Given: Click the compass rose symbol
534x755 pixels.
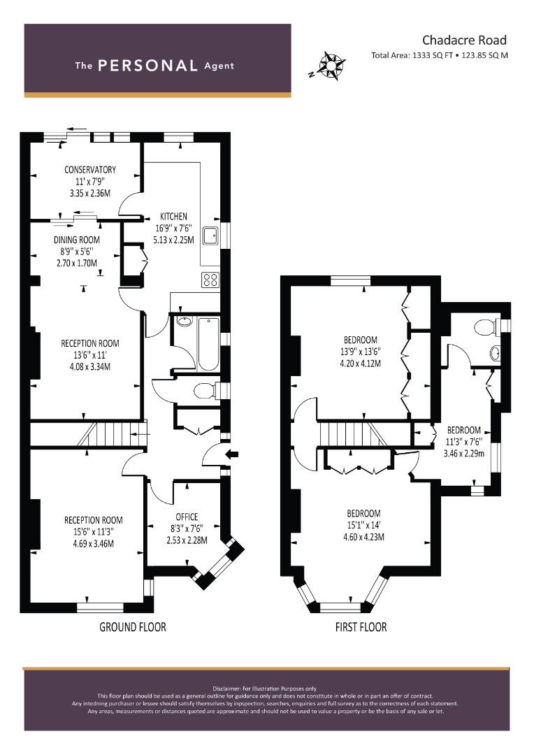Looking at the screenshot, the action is click(x=331, y=65).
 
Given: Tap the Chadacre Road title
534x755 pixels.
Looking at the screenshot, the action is click(x=464, y=40).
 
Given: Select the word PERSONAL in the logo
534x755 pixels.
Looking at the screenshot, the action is click(x=147, y=66).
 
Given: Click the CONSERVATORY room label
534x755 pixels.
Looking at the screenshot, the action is click(x=90, y=169).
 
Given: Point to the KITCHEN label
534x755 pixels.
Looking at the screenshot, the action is click(x=173, y=216).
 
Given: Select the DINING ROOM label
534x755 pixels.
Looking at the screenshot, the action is click(x=77, y=240).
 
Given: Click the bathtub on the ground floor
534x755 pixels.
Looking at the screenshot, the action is click(x=208, y=344).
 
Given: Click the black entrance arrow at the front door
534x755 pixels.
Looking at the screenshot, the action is click(x=232, y=454).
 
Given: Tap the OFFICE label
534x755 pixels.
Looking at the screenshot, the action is click(x=187, y=517).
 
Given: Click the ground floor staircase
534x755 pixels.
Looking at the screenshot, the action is click(x=112, y=434).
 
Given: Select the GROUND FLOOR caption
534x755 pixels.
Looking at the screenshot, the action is click(x=132, y=627).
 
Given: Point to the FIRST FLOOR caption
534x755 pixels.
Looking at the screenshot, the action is click(x=361, y=627).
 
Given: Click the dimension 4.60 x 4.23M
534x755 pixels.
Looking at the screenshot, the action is click(x=363, y=537).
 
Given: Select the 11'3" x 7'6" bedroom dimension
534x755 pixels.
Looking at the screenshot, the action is click(x=464, y=442).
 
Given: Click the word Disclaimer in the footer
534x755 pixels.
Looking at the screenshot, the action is click(x=226, y=689).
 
